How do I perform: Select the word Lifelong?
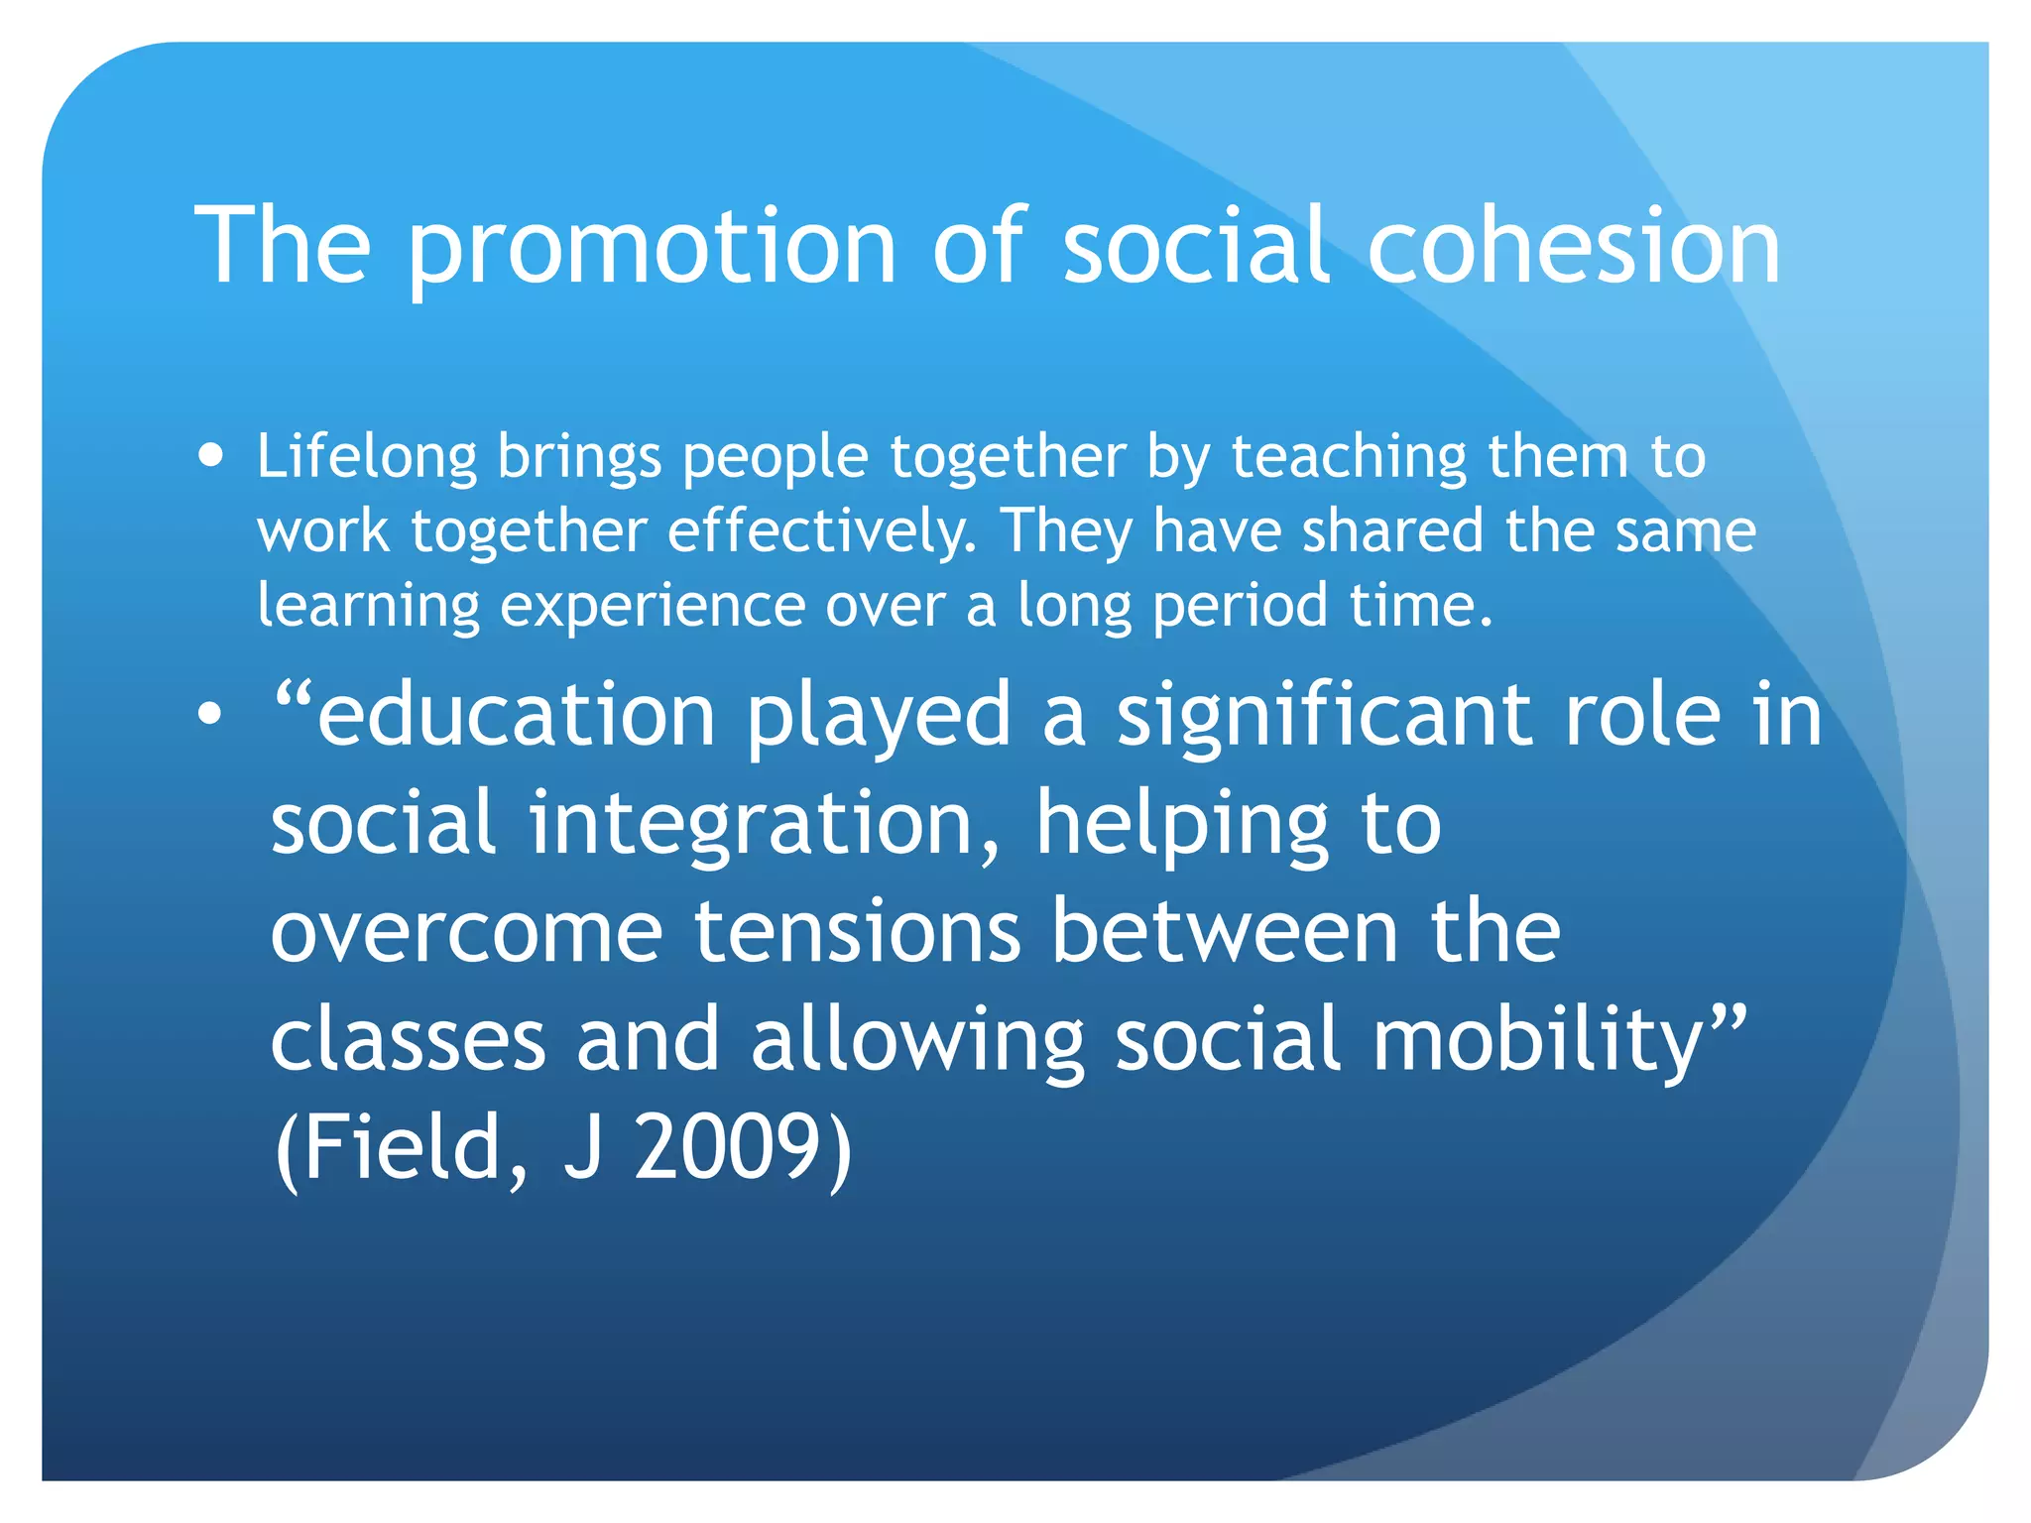[367, 458]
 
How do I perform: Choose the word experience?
[652, 607]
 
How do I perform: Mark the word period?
[1239, 607]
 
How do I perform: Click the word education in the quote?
[516, 716]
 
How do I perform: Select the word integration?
[764, 825]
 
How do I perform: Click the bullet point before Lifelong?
[210, 456]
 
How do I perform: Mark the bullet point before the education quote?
[209, 713]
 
